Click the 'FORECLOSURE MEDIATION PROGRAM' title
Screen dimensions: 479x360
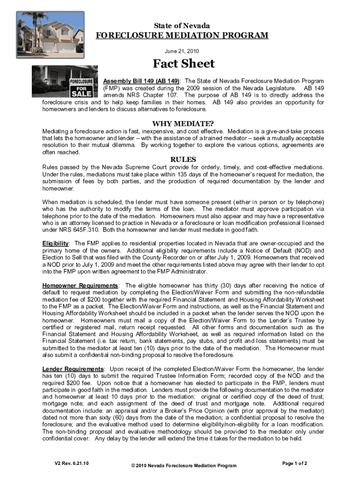click(x=182, y=36)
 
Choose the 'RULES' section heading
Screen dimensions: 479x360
click(x=183, y=160)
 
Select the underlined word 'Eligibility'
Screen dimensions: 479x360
click(x=56, y=243)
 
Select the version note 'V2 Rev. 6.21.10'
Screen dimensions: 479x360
click(x=72, y=464)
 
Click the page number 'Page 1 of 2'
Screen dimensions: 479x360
click(x=295, y=464)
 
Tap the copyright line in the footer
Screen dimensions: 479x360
click(x=184, y=465)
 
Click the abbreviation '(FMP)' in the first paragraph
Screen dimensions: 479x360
click(x=111, y=88)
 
